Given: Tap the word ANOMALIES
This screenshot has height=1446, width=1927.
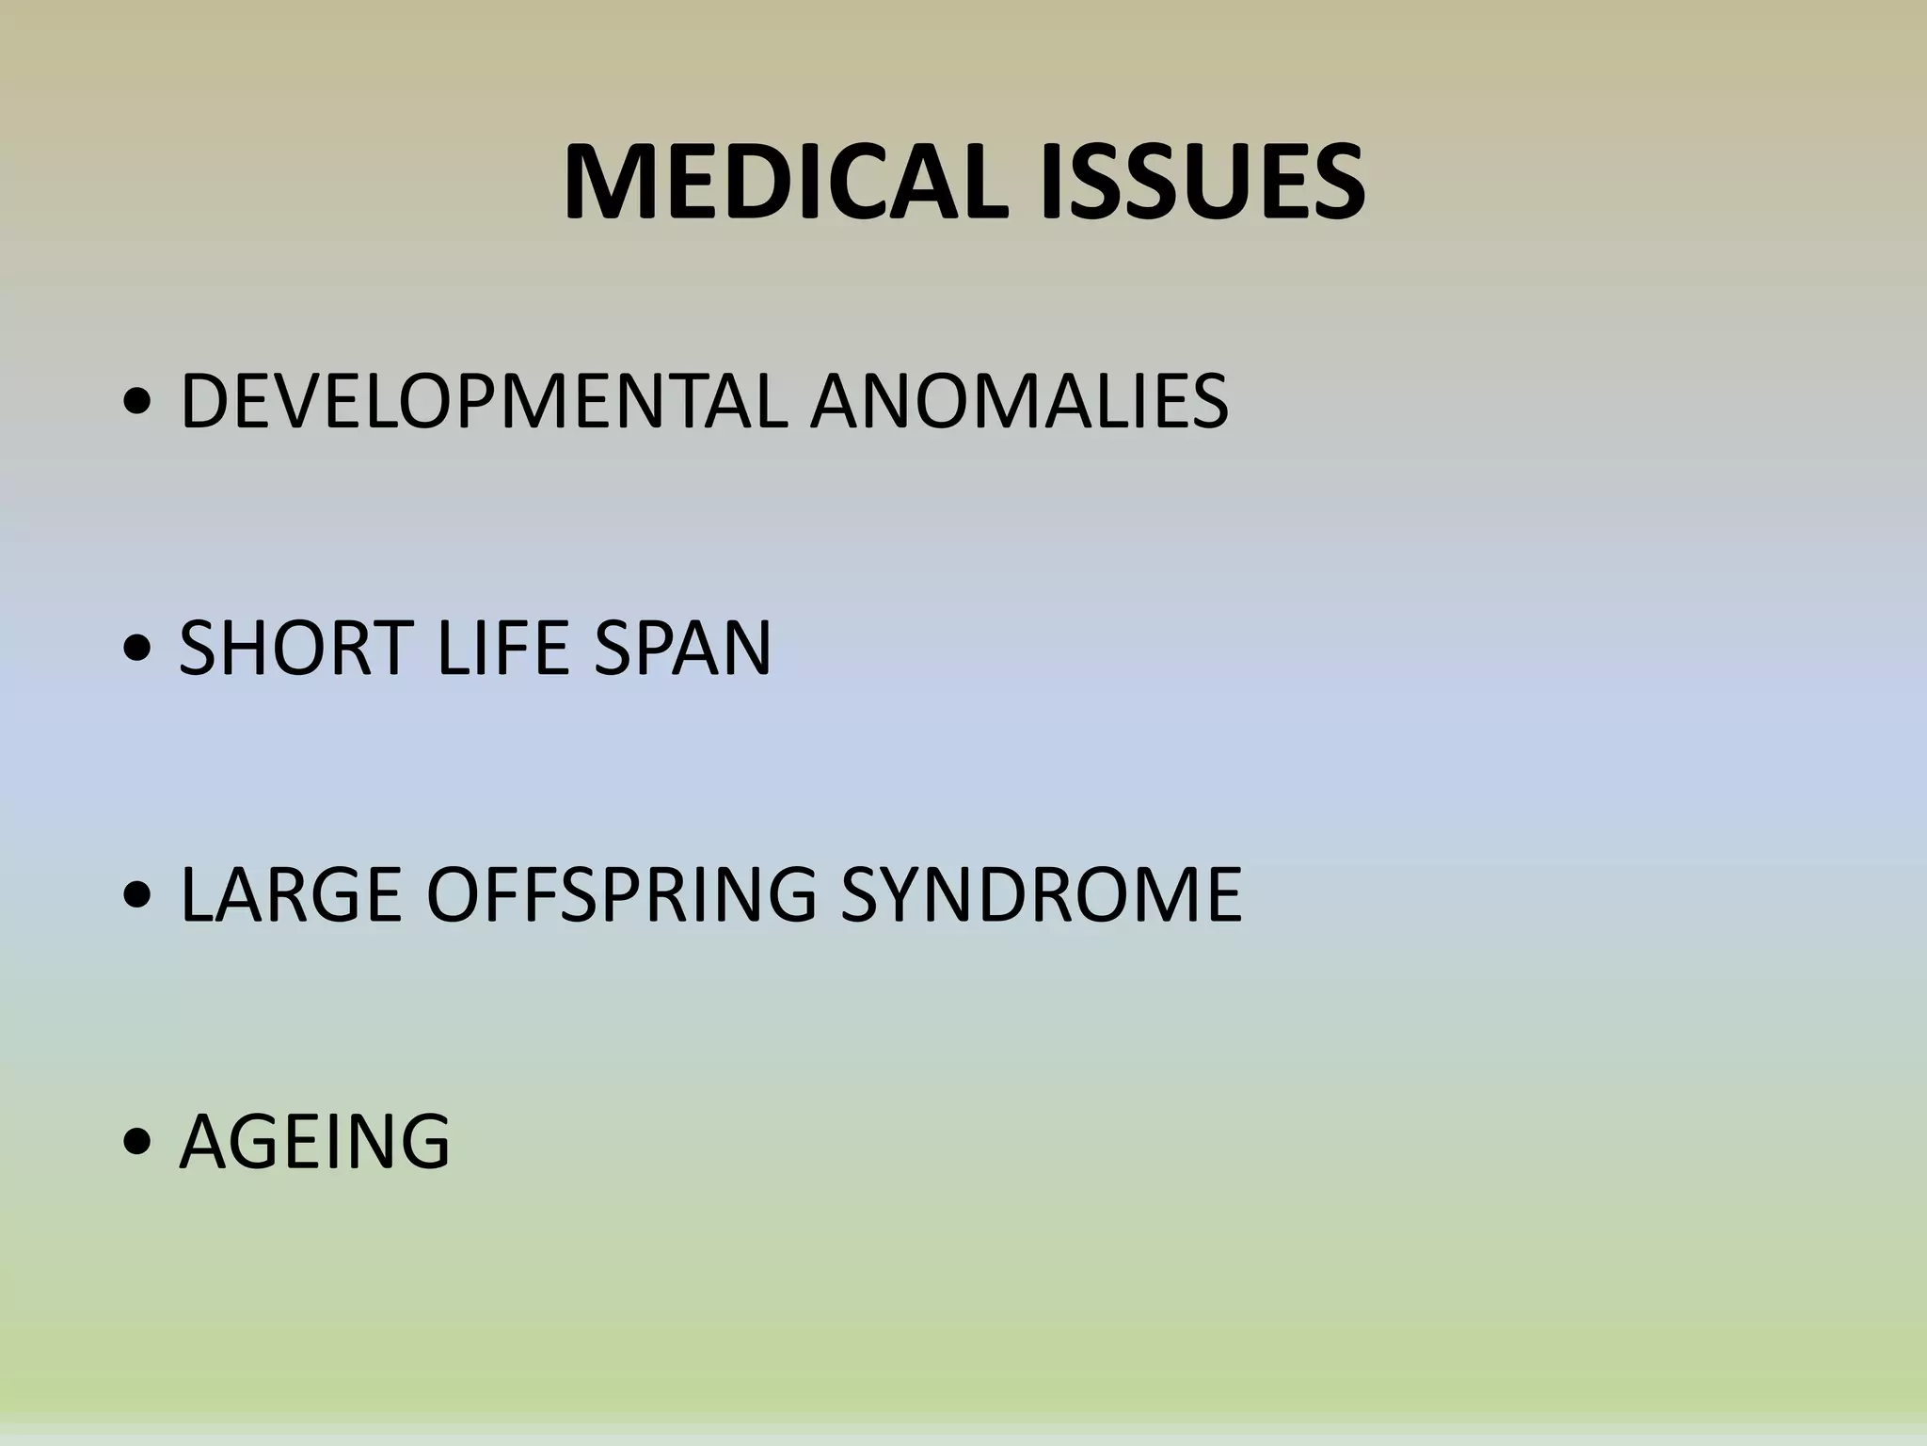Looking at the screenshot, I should coord(1020,402).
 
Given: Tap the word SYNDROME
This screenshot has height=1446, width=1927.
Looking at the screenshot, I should coord(1041,893).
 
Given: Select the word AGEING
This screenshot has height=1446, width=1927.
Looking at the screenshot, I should coord(314,1141).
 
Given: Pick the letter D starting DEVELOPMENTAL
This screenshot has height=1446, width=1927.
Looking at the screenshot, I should coord(204,402).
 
